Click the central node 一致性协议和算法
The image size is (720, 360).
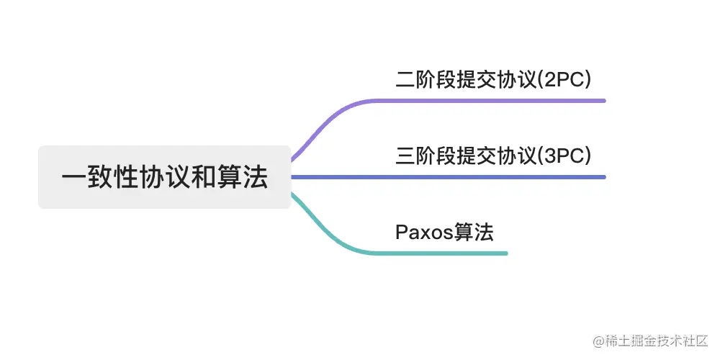(164, 177)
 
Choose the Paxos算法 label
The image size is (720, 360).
(444, 232)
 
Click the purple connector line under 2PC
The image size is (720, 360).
(490, 101)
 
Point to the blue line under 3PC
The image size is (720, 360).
(490, 177)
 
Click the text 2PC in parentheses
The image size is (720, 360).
(566, 79)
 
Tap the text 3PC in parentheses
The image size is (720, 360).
(566, 156)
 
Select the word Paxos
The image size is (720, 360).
(423, 232)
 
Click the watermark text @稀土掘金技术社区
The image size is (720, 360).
(650, 339)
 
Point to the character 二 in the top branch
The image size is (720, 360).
(405, 79)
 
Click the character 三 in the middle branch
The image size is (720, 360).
(405, 156)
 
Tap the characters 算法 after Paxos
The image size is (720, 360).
(473, 232)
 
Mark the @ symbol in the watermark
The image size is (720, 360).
(597, 340)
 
